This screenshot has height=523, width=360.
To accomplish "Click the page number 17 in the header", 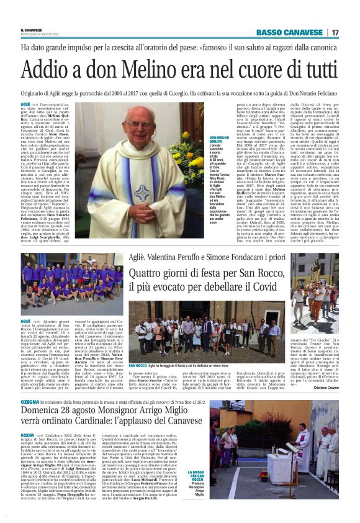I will click(335, 32).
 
